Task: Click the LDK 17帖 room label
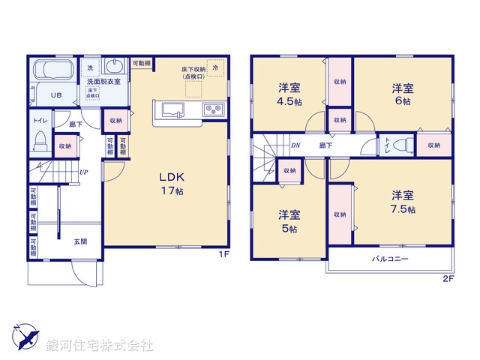click(x=171, y=184)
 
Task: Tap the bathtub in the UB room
click(x=52, y=73)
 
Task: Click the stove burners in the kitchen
click(x=211, y=111)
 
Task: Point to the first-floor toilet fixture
click(x=41, y=142)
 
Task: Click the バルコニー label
click(x=390, y=259)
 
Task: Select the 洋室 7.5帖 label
click(x=402, y=202)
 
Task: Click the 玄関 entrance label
click(x=79, y=241)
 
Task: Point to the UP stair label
click(x=85, y=172)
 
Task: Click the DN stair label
click(x=295, y=145)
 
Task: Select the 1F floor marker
click(x=223, y=255)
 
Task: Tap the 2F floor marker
click(x=448, y=279)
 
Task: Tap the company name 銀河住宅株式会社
click(x=99, y=346)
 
